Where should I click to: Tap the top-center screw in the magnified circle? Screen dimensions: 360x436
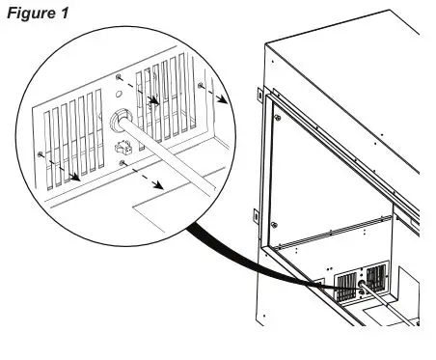click(117, 75)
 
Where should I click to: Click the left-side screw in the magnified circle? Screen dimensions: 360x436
click(39, 154)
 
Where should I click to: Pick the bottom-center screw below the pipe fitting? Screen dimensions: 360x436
click(122, 166)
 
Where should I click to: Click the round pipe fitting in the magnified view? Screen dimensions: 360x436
click(123, 121)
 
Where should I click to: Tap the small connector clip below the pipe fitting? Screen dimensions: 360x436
click(122, 148)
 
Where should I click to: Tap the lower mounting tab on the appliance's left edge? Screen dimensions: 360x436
click(254, 214)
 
